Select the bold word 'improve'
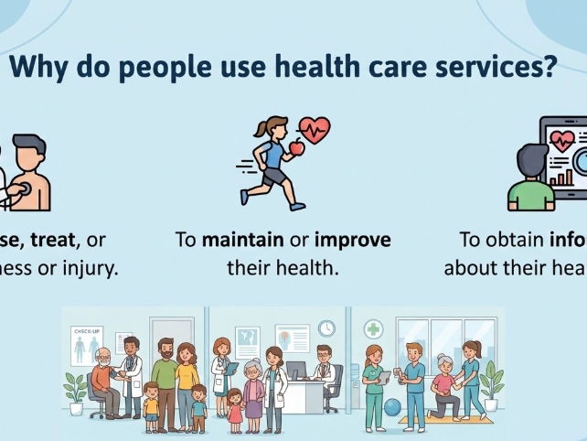point(353,241)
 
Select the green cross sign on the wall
point(374,329)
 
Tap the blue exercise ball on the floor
point(393,405)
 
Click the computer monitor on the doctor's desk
point(297,371)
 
